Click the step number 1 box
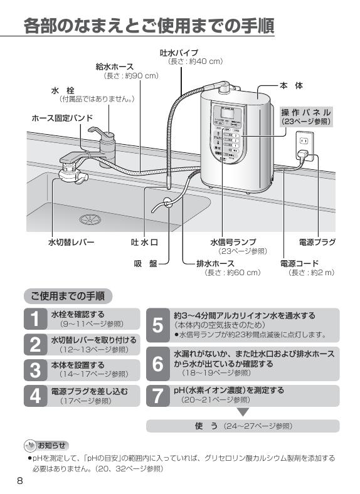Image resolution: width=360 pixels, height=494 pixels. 34,318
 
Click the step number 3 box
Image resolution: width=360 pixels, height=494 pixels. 34,369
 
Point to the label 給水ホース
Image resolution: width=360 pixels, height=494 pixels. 114,66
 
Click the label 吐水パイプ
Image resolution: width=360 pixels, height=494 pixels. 179,52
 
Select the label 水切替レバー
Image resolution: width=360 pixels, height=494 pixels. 71,242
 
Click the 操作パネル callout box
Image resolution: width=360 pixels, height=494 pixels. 306,116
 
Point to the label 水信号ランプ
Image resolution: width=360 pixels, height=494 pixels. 233,242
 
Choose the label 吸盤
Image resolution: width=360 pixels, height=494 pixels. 145,263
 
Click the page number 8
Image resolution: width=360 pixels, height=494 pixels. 20,481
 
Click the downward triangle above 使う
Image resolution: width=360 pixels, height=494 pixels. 243,413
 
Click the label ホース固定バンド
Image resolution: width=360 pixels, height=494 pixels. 62,118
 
